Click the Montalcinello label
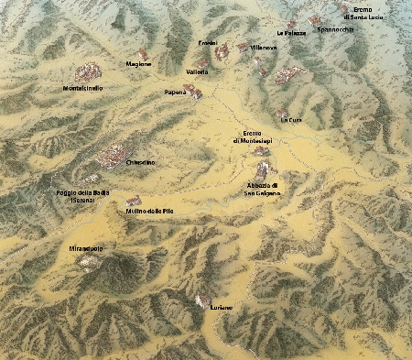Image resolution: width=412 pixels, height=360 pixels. (x=81, y=88)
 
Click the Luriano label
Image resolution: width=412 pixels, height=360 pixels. (x=221, y=308)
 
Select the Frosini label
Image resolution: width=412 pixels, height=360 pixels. (x=208, y=43)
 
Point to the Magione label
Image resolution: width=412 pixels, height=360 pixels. (x=139, y=64)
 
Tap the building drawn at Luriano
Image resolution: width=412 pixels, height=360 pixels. (x=202, y=300)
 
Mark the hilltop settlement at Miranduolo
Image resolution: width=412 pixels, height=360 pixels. (x=89, y=261)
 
